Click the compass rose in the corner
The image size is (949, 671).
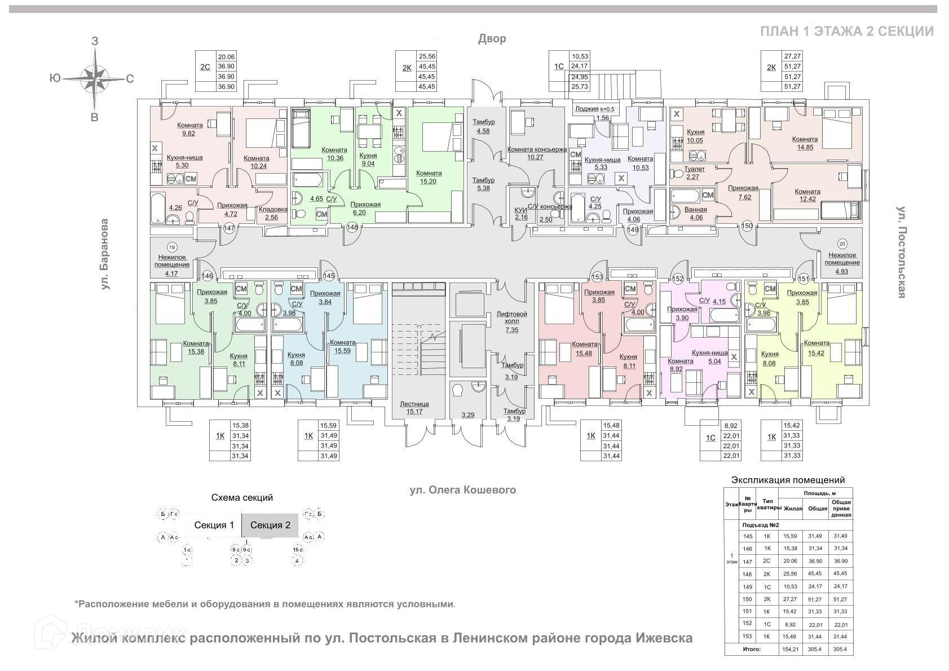tap(95, 78)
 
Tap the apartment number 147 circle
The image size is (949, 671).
tap(229, 228)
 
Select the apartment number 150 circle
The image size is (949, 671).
tap(747, 226)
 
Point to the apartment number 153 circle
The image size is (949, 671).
tap(597, 277)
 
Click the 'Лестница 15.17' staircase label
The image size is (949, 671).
tap(414, 408)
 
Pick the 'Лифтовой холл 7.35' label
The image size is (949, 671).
tap(511, 317)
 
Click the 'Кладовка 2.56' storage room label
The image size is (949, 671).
tap(273, 213)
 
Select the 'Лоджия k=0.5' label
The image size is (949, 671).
tap(594, 109)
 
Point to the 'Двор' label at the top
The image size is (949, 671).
tap(492, 38)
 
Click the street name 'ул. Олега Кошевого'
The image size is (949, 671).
tap(462, 490)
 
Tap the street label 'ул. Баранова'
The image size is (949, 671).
tap(105, 254)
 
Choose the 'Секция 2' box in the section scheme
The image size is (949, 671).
tap(270, 526)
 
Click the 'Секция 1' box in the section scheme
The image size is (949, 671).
tap(214, 526)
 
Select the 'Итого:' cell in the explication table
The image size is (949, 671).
tap(751, 649)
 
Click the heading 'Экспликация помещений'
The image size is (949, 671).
tap(788, 480)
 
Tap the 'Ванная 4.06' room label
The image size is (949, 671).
tap(695, 213)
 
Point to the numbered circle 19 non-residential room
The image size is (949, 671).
tap(172, 247)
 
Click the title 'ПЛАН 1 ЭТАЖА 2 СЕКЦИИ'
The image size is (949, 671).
tap(846, 31)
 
